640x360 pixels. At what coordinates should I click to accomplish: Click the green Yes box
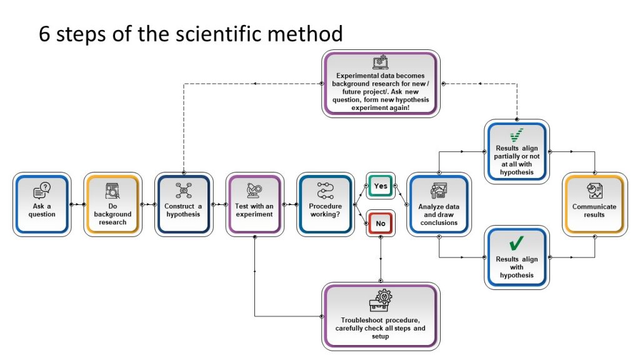pyautogui.click(x=380, y=186)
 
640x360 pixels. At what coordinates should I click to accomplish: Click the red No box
pyautogui.click(x=380, y=222)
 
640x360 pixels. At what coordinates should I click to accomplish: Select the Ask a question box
pyautogui.click(x=41, y=204)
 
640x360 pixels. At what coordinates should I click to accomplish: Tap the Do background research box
pyautogui.click(x=112, y=204)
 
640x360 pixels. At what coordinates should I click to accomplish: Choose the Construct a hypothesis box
pyautogui.click(x=183, y=204)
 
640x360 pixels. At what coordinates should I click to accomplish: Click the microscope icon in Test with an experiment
pyautogui.click(x=254, y=189)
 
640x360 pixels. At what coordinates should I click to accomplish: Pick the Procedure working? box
pyautogui.click(x=326, y=204)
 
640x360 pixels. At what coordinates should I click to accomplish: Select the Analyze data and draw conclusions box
pyautogui.click(x=439, y=204)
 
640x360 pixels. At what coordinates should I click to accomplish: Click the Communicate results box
pyautogui.click(x=594, y=204)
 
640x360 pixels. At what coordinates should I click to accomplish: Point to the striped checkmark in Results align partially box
pyautogui.click(x=517, y=135)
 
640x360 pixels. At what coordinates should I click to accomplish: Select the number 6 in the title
pyautogui.click(x=44, y=33)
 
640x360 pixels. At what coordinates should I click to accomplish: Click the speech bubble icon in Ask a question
pyautogui.click(x=41, y=189)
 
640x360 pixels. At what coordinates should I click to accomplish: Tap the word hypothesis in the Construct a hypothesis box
pyautogui.click(x=183, y=214)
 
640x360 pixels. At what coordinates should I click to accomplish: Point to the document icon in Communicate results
pyautogui.click(x=594, y=190)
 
